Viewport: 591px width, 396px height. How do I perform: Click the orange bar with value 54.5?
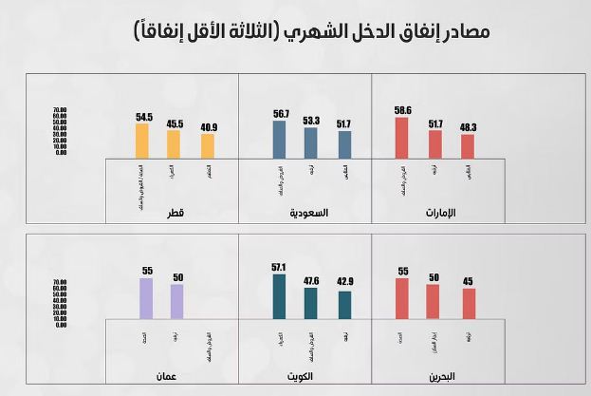(x=143, y=141)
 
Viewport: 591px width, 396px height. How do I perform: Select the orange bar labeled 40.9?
(x=207, y=145)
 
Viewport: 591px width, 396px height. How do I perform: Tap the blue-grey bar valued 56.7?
(x=281, y=140)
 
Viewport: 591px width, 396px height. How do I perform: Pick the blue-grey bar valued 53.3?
(x=311, y=142)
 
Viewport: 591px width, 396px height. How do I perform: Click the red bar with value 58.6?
(x=402, y=138)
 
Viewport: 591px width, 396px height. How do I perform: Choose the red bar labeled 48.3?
(x=467, y=145)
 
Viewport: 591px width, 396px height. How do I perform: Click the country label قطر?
(x=174, y=213)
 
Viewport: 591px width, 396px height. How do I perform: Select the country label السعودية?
(x=308, y=213)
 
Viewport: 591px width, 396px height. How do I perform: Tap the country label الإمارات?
(x=437, y=213)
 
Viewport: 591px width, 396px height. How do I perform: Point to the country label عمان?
(x=168, y=376)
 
